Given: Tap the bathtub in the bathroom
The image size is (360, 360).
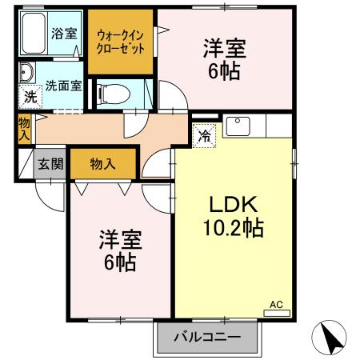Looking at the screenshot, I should (x=33, y=34).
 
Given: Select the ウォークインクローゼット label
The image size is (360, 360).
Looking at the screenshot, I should (x=122, y=42).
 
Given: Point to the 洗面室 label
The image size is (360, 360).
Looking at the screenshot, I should (x=62, y=85).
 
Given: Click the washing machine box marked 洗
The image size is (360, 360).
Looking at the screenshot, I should (x=30, y=98).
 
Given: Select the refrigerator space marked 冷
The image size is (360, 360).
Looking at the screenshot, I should (x=204, y=135).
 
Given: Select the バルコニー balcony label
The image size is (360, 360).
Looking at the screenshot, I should (x=207, y=338).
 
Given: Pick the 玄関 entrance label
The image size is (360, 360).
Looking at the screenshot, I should (x=50, y=164).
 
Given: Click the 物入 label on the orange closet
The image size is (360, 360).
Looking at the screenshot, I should (x=102, y=164).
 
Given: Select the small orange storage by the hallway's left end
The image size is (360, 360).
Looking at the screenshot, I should (x=24, y=129).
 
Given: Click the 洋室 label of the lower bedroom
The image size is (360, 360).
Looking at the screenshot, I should (x=120, y=238).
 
